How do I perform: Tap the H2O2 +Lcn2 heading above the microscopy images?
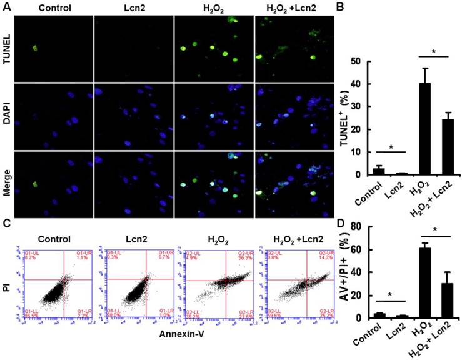click(x=294, y=8)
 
